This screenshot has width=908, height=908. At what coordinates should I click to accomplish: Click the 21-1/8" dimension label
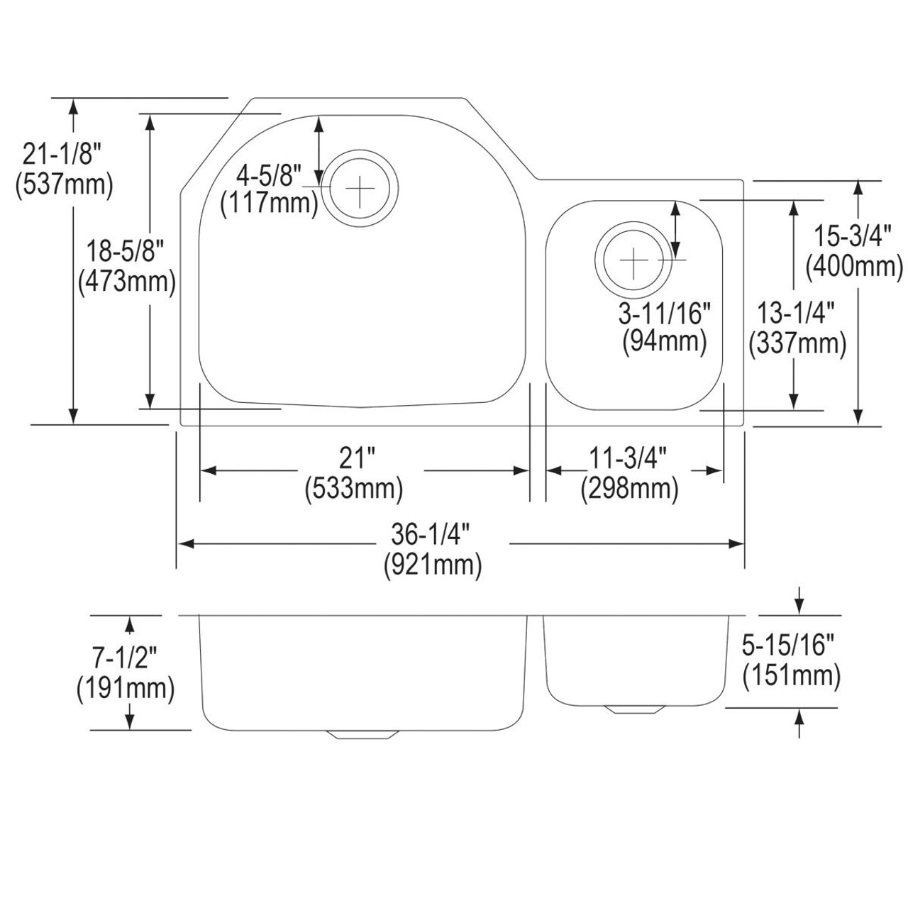63,153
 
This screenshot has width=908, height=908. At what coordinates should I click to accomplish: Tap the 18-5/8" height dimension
126,250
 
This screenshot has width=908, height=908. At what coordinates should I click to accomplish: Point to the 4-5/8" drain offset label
269,173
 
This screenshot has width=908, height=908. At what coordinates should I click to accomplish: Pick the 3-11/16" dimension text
665,311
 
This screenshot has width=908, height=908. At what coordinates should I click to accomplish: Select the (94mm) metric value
665,342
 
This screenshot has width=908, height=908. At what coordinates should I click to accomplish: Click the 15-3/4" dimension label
854,234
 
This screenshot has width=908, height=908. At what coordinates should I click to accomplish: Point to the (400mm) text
854,267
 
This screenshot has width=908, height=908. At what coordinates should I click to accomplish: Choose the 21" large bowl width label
355,458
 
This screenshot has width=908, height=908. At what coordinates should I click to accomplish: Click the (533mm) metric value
354,489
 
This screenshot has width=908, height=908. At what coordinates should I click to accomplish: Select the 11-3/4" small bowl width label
628,458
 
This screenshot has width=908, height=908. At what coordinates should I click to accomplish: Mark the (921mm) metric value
433,565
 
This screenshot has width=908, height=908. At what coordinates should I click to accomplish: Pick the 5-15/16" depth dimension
792,645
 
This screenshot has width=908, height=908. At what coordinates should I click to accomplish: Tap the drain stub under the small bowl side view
633,709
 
